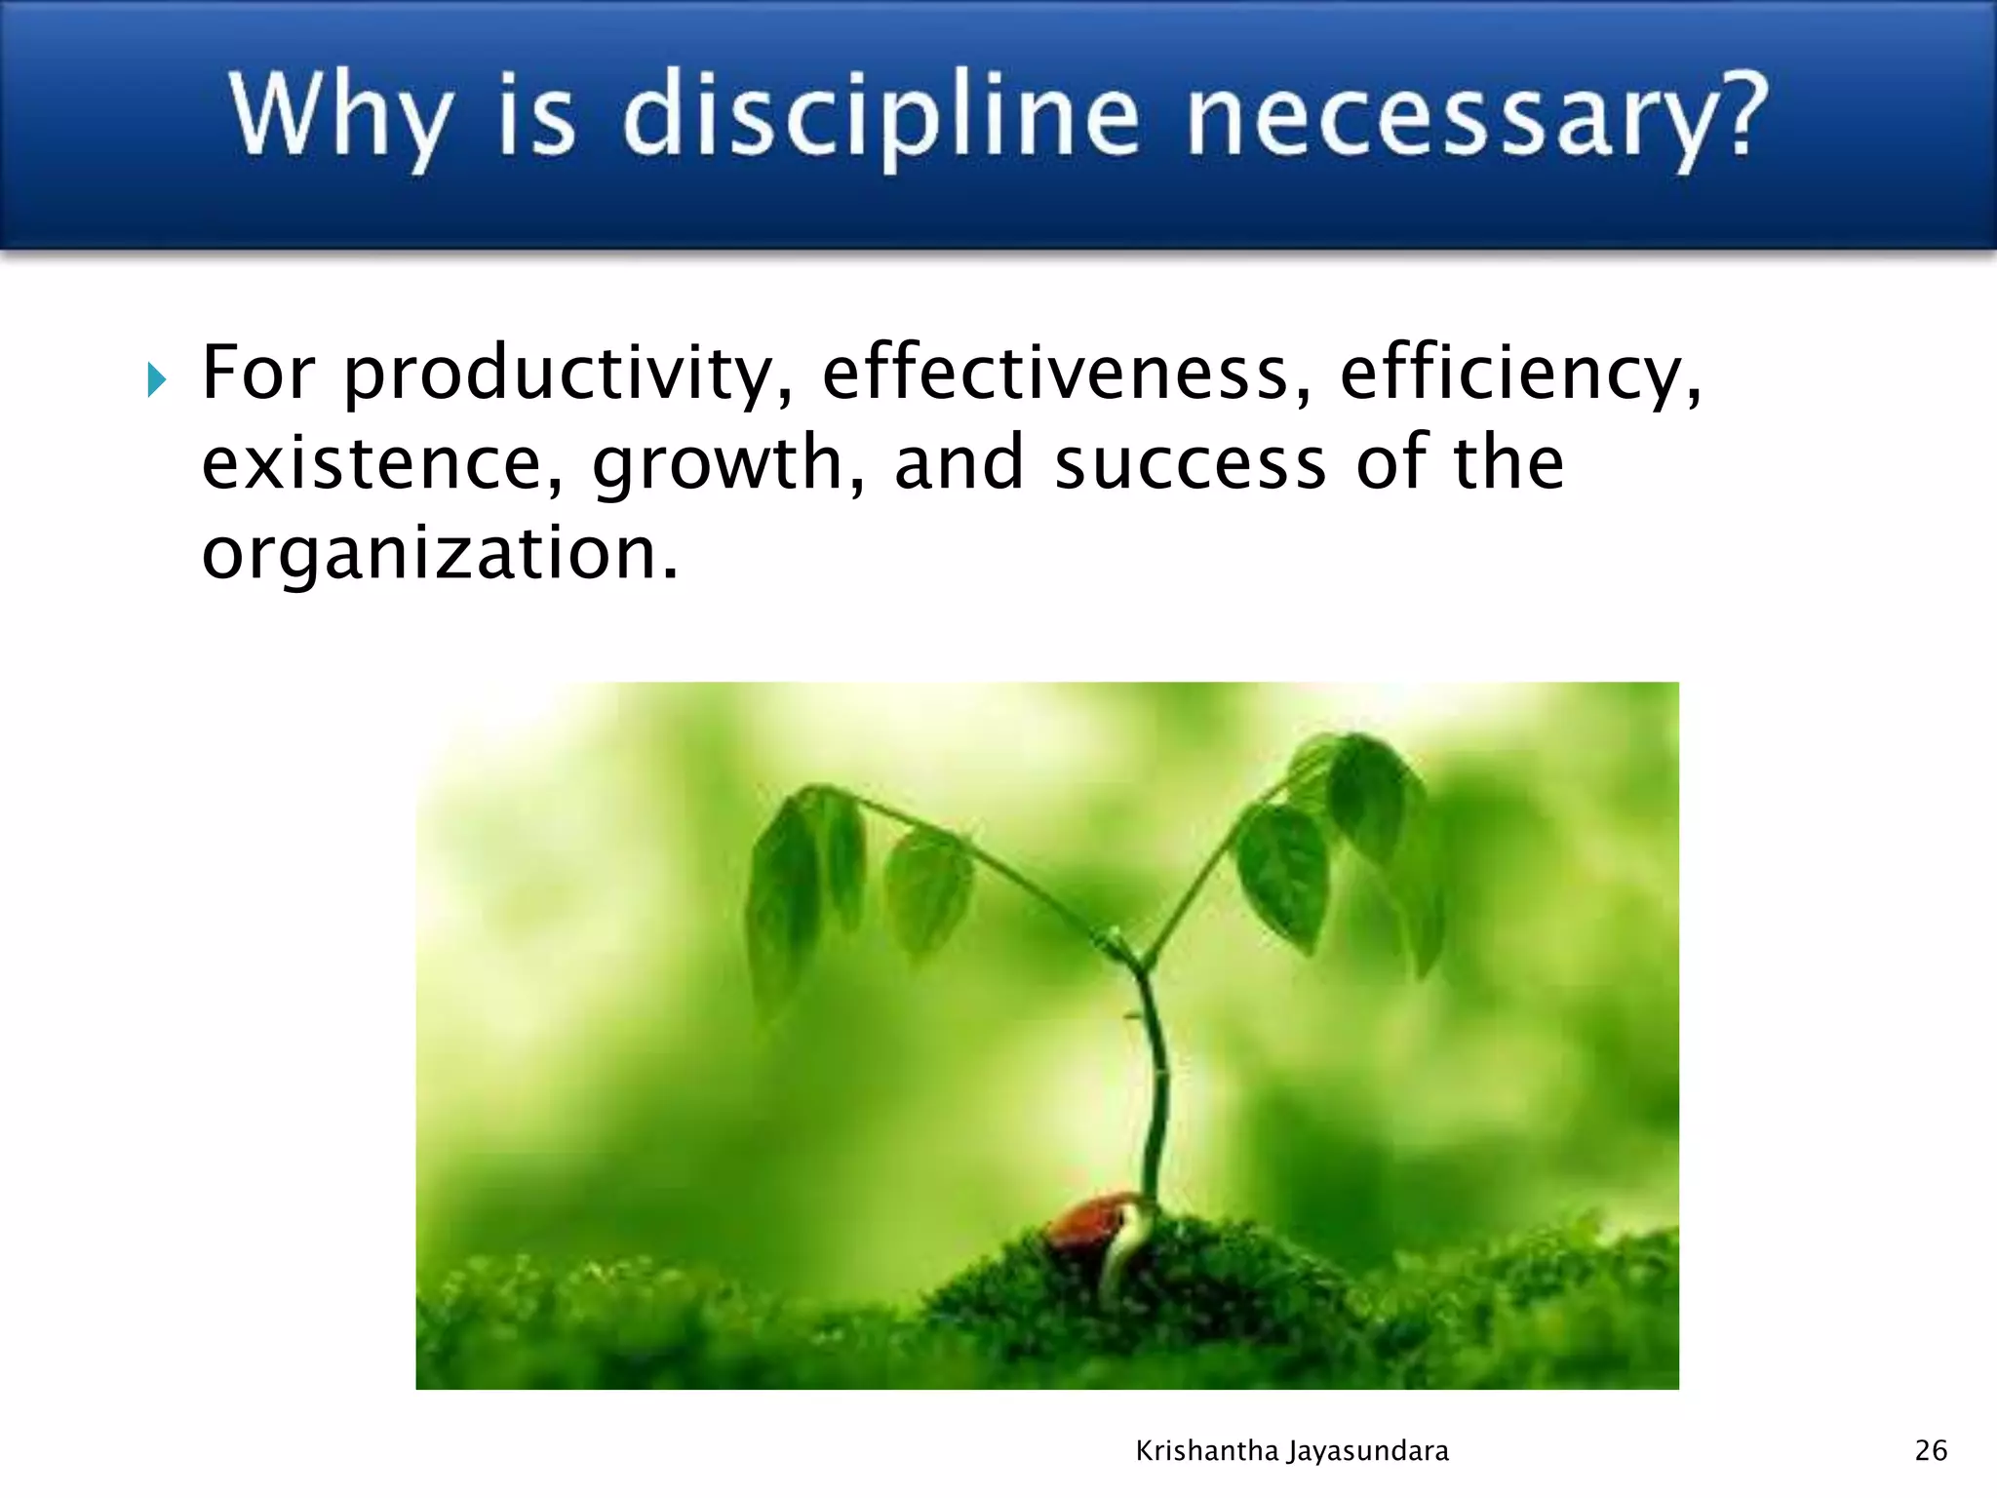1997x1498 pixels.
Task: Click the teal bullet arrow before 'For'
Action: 156,379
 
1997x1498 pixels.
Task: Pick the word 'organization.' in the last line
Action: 440,554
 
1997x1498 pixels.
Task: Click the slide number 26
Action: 1931,1450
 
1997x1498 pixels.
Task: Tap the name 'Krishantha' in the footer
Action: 1206,1451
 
